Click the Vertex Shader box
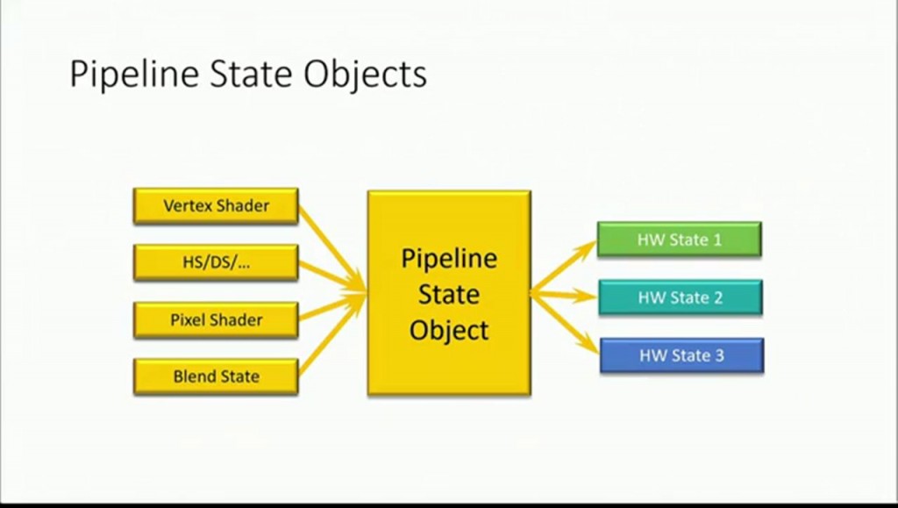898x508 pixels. click(x=216, y=206)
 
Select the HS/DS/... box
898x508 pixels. click(x=216, y=262)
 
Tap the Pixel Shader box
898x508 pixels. click(x=216, y=319)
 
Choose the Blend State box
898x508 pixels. click(x=216, y=376)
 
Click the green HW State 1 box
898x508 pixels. click(x=679, y=240)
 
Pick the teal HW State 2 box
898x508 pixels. click(x=680, y=297)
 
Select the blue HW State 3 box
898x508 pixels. click(x=681, y=355)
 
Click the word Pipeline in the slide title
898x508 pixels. click(x=133, y=75)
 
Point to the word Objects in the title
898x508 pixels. click(x=366, y=75)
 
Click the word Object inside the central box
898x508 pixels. click(x=449, y=331)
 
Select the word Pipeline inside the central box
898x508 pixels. click(x=449, y=259)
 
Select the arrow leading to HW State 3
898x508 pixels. click(x=566, y=325)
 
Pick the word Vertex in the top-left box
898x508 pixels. click(x=187, y=206)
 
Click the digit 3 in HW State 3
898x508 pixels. click(x=719, y=355)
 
